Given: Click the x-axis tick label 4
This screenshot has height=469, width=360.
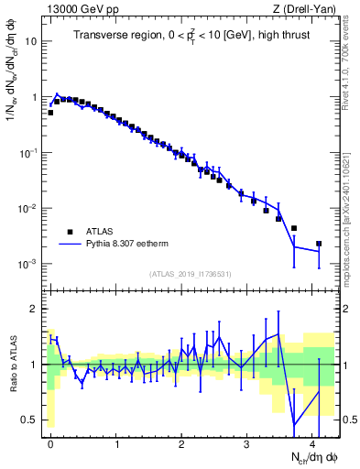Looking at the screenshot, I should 312,442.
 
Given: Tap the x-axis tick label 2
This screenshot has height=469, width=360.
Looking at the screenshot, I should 181,442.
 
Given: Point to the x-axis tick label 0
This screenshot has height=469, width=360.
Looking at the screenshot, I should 51,442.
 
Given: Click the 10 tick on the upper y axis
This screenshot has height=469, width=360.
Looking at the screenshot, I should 31,42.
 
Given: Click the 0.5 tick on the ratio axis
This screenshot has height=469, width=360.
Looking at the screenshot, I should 30,420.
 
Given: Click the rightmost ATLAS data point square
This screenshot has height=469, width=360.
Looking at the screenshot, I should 319,244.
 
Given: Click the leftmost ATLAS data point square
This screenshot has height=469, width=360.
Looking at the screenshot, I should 50,113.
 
